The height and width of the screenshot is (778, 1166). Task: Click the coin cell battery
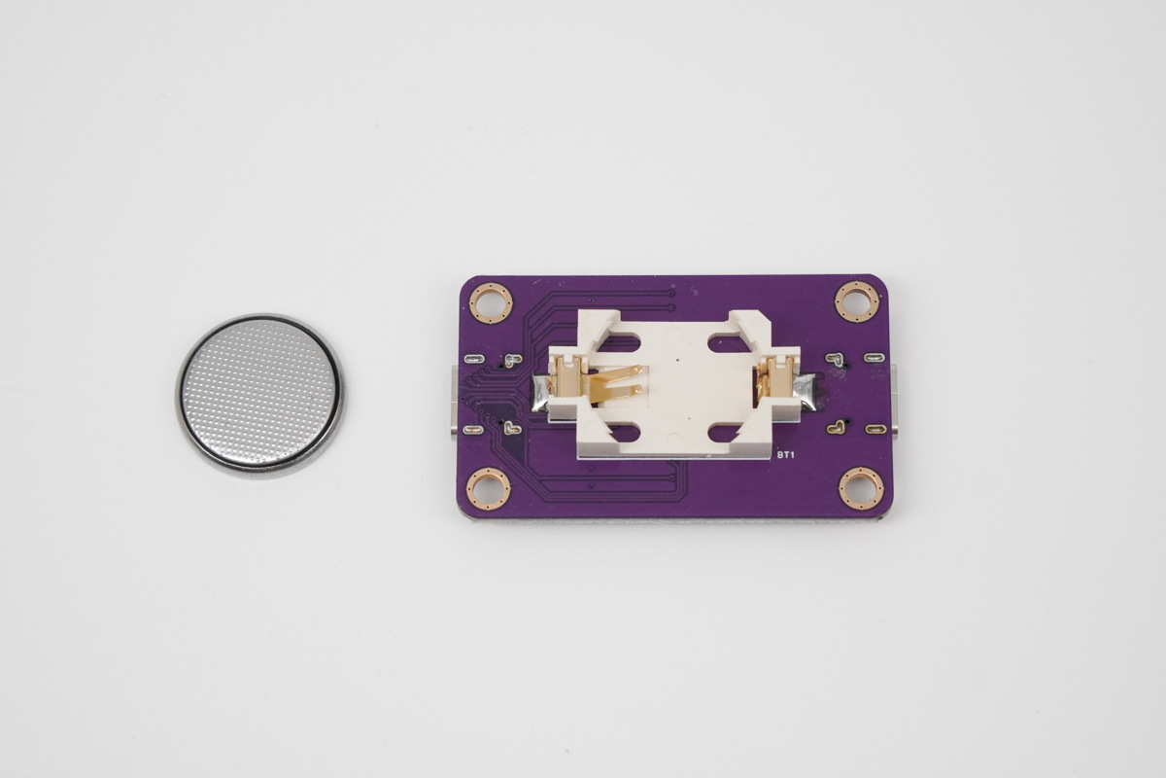(260, 396)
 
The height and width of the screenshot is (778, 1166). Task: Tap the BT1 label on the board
(785, 455)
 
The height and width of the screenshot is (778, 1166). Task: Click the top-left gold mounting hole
(491, 302)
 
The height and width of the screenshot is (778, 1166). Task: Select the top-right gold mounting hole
(857, 302)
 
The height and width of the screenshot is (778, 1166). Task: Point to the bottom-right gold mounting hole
(861, 489)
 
